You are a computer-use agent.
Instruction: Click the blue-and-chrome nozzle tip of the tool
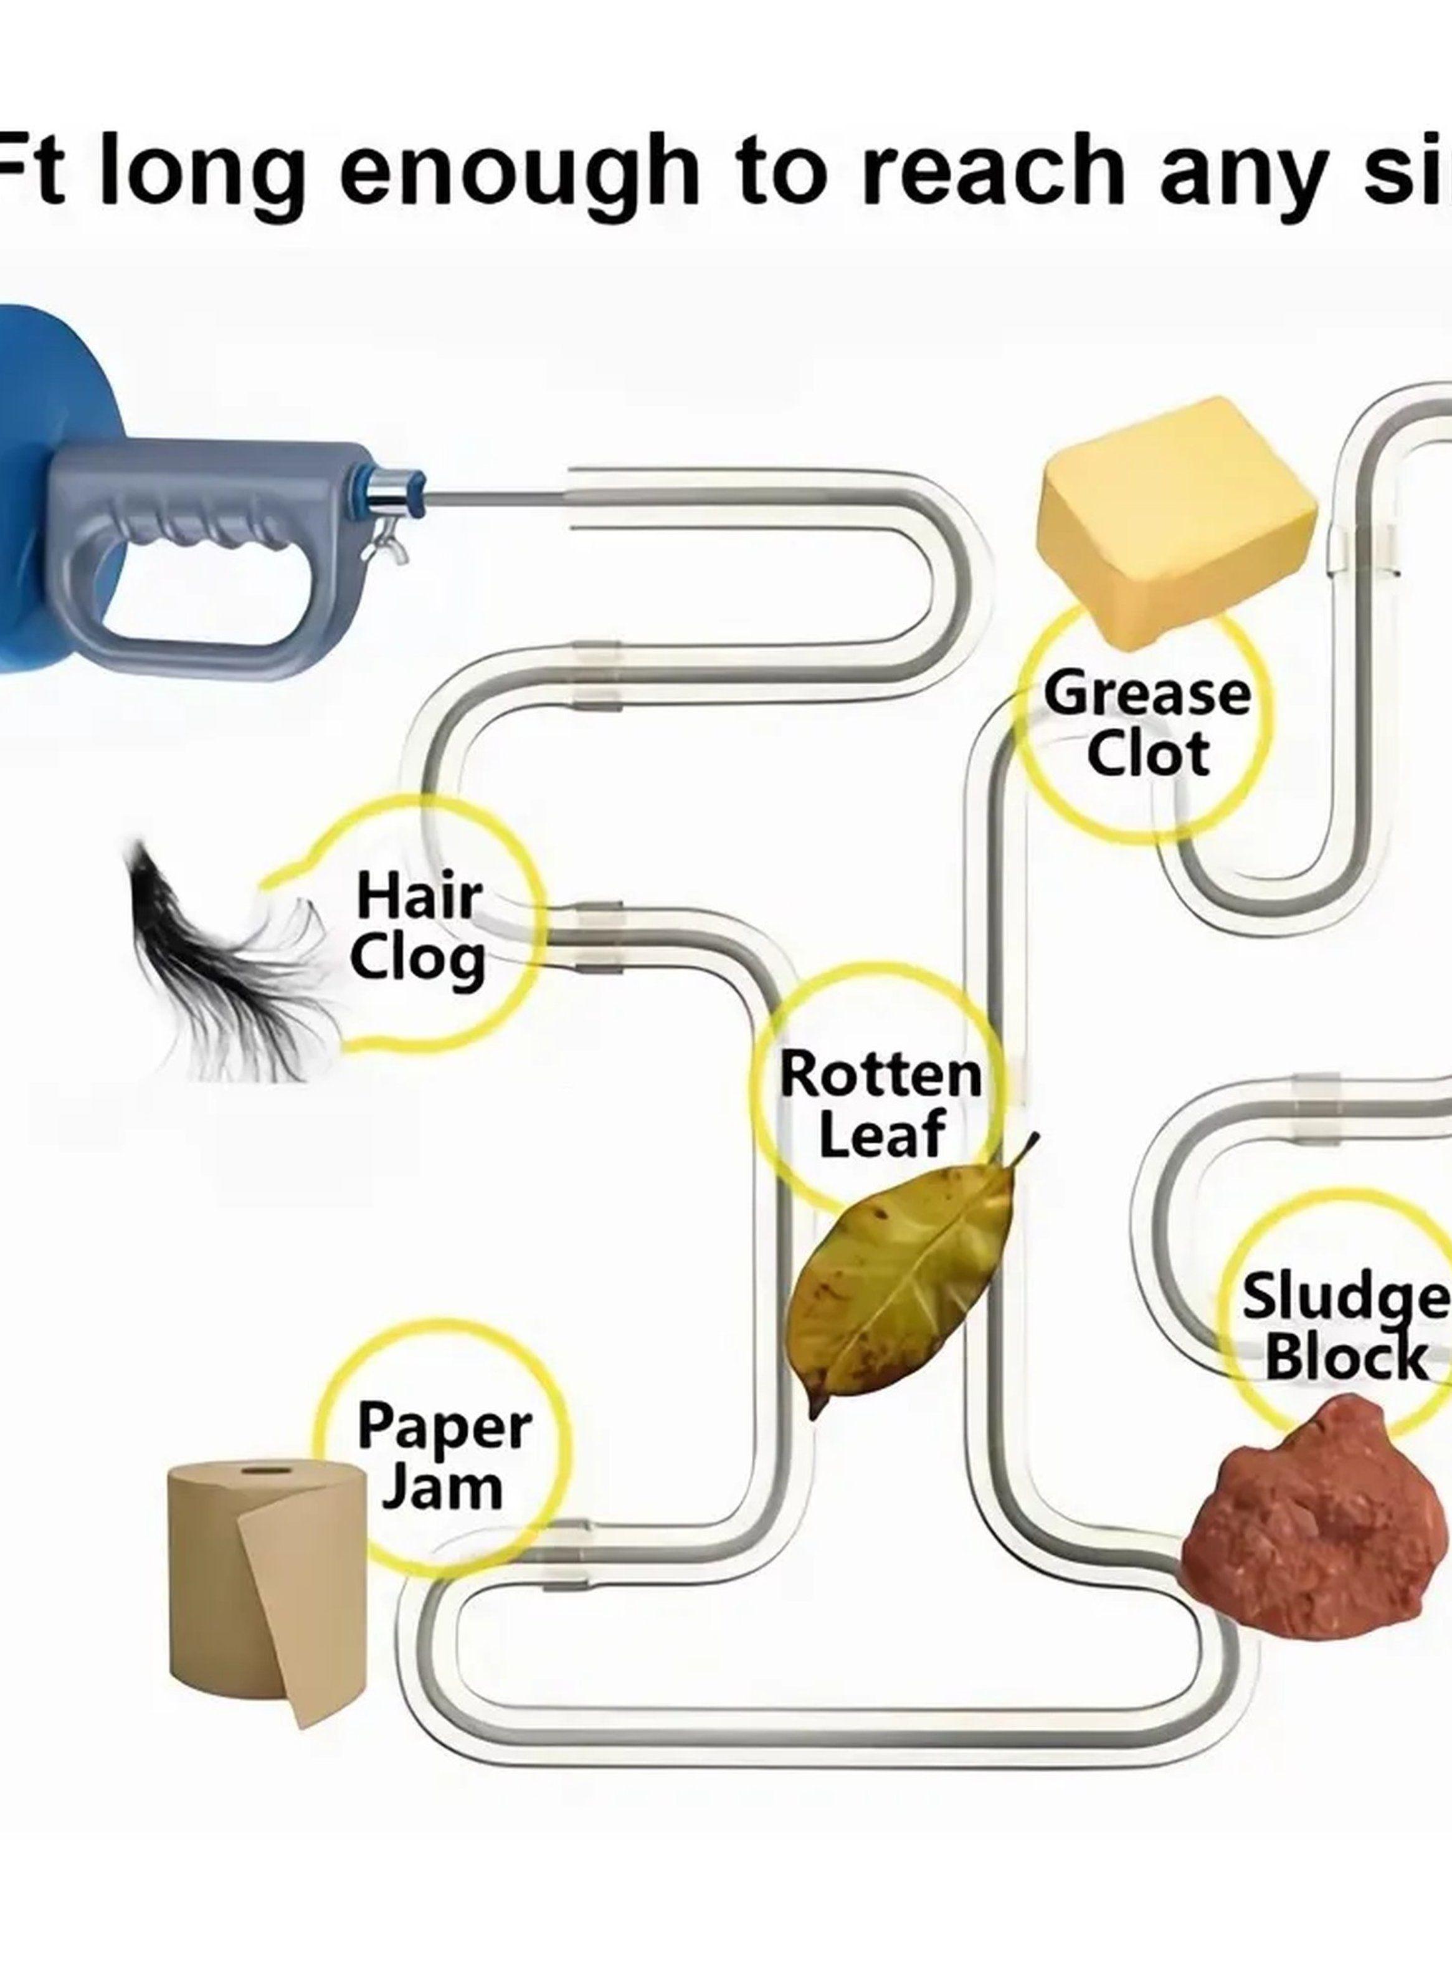(x=391, y=497)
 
